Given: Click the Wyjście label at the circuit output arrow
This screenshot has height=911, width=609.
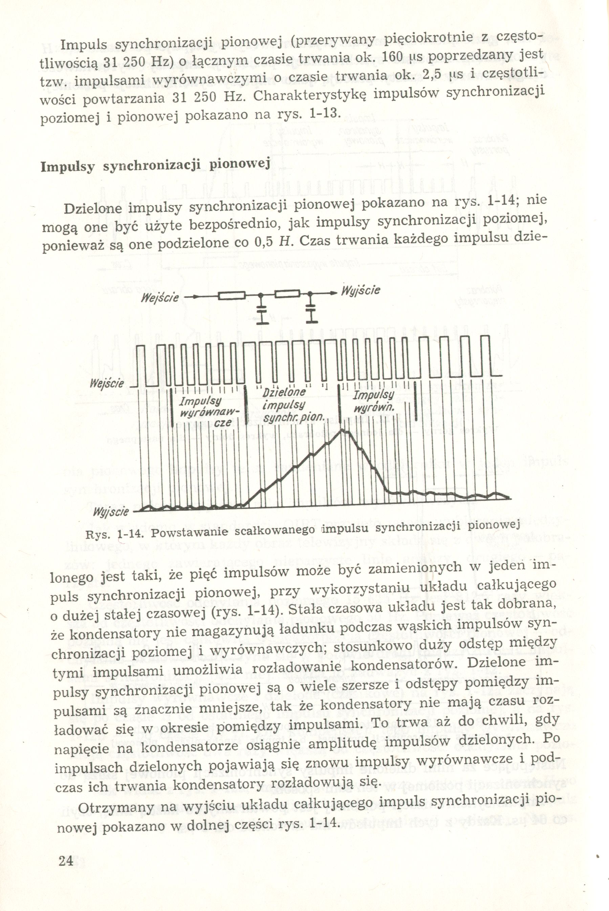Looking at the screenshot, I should click(360, 291).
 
